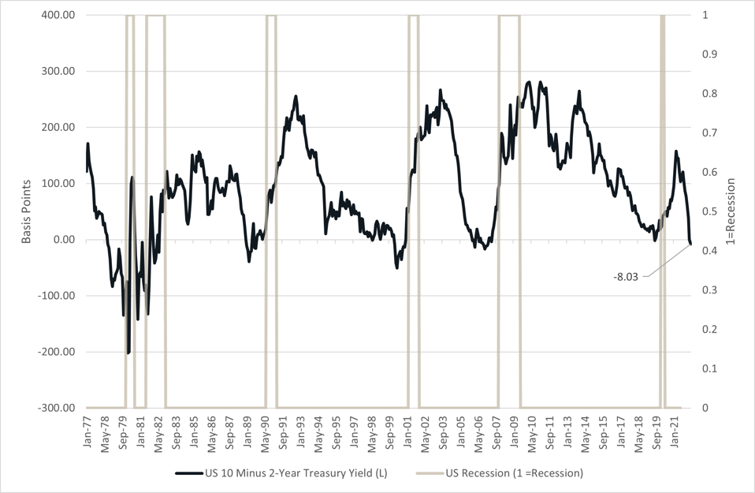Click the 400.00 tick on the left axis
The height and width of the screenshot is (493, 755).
pyautogui.click(x=59, y=15)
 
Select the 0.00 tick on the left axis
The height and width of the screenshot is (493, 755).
pyautogui.click(x=65, y=240)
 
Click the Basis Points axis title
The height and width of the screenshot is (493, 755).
pyautogui.click(x=26, y=211)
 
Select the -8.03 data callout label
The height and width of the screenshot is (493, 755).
pyautogui.click(x=629, y=276)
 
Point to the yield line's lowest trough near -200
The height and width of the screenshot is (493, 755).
pyautogui.click(x=128, y=353)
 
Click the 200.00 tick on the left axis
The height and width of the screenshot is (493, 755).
pyautogui.click(x=59, y=128)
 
